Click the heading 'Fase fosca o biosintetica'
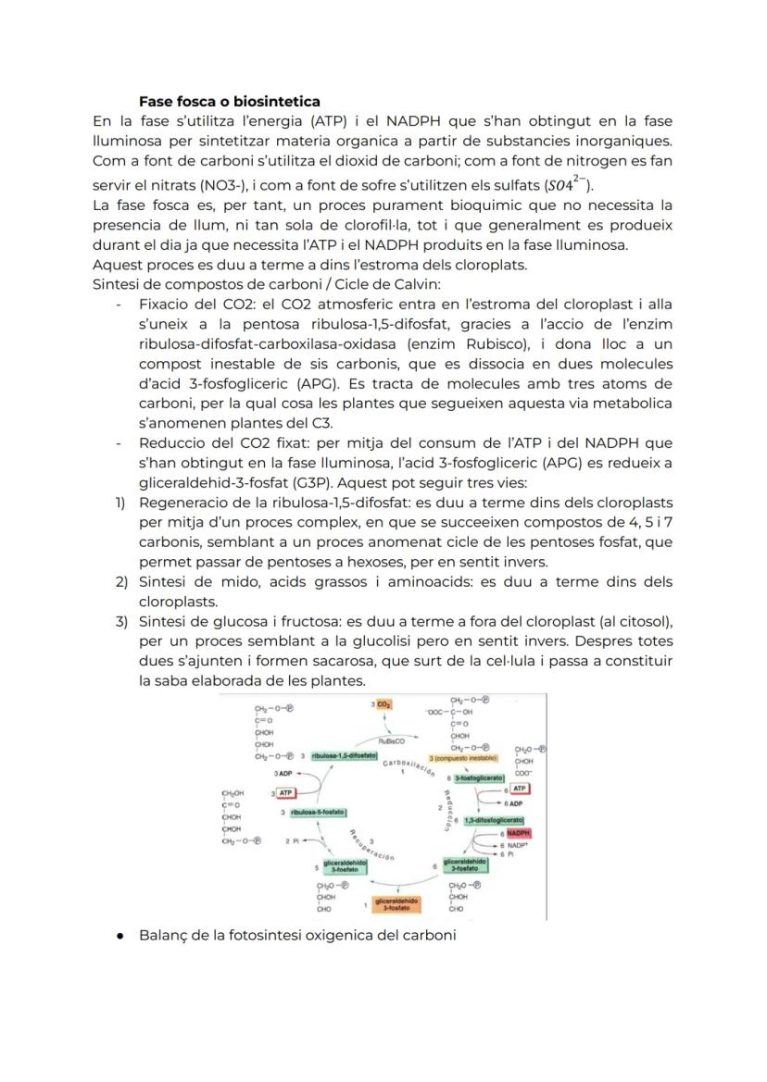229,101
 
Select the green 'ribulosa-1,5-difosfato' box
345,755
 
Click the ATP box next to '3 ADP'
285,792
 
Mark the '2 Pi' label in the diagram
293,840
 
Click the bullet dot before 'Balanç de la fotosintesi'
120,936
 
